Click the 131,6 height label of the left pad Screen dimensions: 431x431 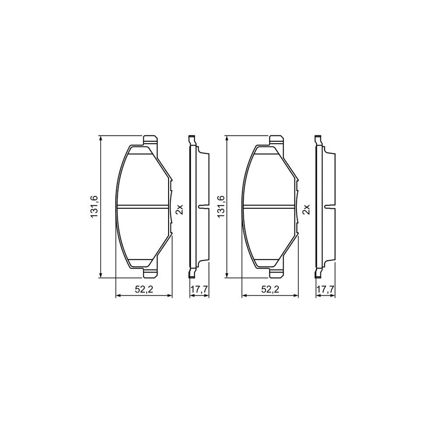point(94,206)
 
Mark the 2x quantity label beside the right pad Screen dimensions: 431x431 point(306,210)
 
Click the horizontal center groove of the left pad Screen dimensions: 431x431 point(144,207)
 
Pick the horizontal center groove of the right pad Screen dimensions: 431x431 point(270,207)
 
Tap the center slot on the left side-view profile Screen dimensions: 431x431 point(203,207)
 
